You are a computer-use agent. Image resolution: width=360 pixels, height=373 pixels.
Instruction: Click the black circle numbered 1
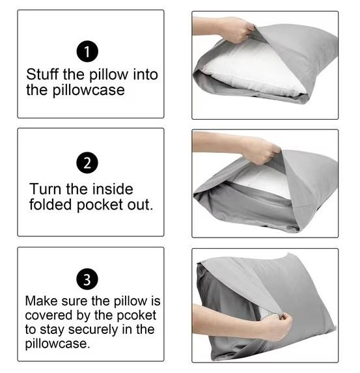tap(87, 51)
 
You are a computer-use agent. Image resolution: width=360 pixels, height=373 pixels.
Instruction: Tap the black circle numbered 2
tap(87, 163)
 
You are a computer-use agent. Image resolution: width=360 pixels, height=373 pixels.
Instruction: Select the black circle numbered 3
tap(87, 279)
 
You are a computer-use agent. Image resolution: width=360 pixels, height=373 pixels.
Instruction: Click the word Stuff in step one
tap(43, 74)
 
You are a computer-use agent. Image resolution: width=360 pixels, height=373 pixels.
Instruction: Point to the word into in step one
tap(145, 74)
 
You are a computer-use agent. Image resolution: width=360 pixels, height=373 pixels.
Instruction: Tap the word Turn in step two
tap(46, 189)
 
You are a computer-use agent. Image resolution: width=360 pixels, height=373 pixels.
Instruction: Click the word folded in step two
tap(50, 204)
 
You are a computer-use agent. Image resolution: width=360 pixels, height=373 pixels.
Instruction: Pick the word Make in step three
tap(42, 301)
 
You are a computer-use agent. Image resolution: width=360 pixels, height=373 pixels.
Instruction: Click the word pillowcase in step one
tap(89, 90)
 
